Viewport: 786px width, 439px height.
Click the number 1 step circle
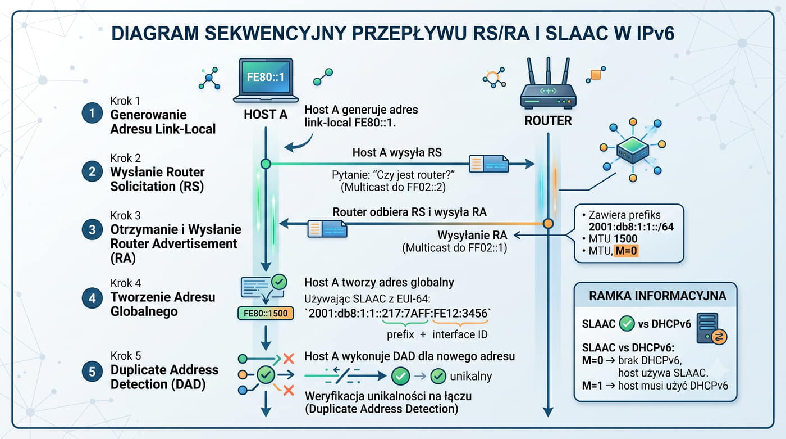(92, 113)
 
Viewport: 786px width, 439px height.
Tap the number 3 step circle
(92, 229)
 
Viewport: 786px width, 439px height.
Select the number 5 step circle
(92, 371)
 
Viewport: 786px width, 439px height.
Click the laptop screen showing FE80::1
(266, 77)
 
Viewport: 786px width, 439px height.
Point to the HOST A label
(266, 115)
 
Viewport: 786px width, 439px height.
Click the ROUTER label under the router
(548, 121)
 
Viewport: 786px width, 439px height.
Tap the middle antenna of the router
(548, 71)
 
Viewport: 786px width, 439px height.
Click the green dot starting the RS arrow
(266, 164)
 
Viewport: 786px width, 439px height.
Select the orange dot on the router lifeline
(548, 223)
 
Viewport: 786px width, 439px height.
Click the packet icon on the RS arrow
(489, 164)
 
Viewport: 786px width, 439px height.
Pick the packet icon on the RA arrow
(327, 229)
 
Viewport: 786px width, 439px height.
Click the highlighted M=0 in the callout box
(626, 251)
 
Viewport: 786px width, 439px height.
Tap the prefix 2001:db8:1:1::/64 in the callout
(631, 227)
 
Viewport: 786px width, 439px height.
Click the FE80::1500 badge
(266, 313)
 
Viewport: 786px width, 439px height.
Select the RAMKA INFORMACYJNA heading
(657, 296)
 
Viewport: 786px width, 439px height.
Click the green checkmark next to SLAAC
(627, 323)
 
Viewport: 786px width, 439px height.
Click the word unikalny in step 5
(470, 376)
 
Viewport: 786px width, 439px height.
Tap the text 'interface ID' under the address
(460, 334)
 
